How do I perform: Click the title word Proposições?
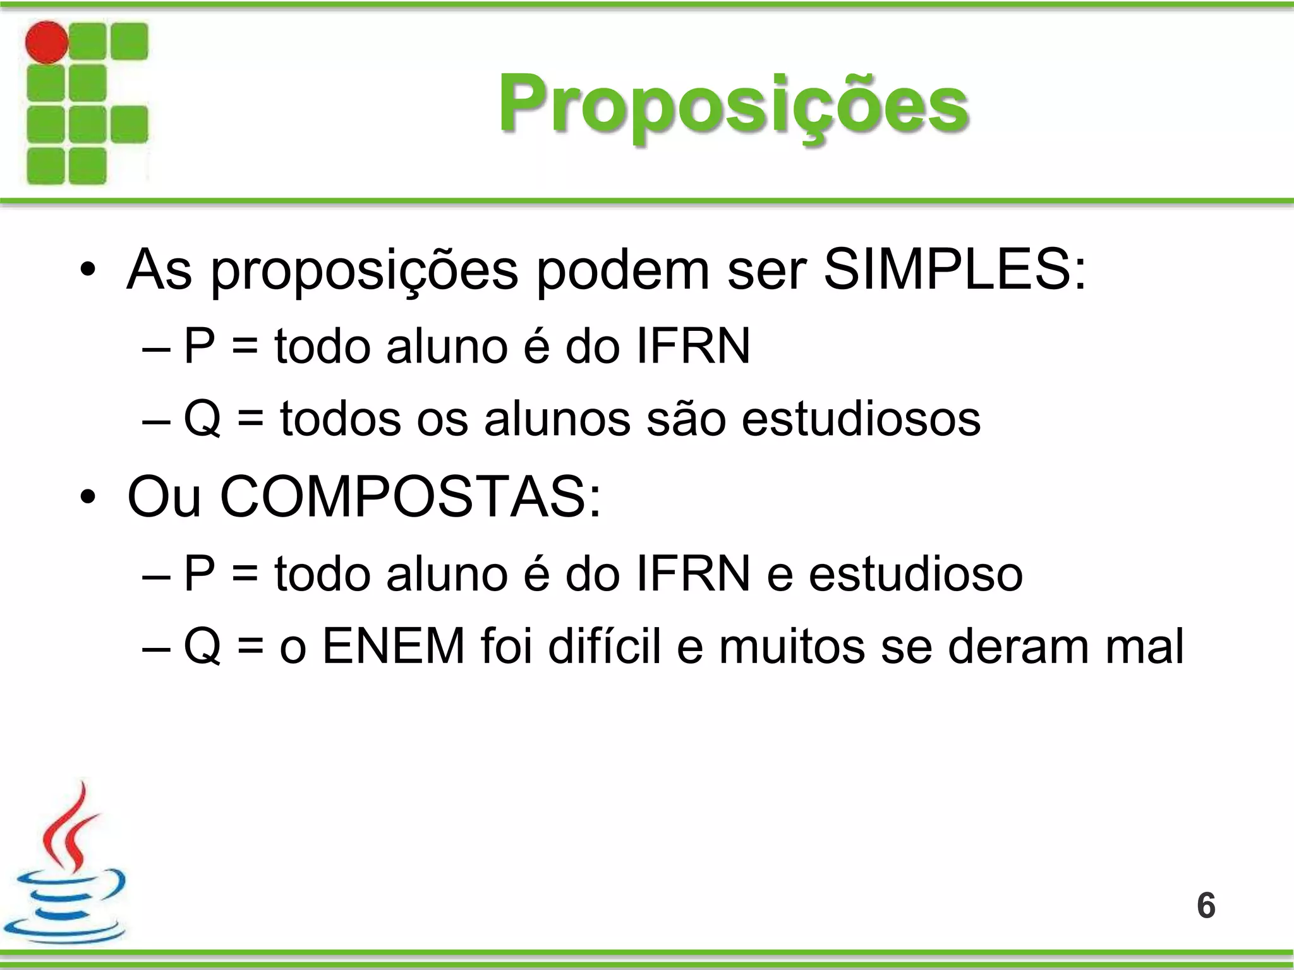pyautogui.click(x=733, y=104)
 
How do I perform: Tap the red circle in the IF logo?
pyautogui.click(x=46, y=42)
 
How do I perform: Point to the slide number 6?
pyautogui.click(x=1206, y=906)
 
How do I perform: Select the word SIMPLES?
pyautogui.click(x=954, y=270)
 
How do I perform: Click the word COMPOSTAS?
pyautogui.click(x=411, y=497)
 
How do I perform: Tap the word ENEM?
pyautogui.click(x=394, y=646)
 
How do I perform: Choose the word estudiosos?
pyautogui.click(x=861, y=419)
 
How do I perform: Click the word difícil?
pyautogui.click(x=604, y=646)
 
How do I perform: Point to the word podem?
pyautogui.click(x=623, y=270)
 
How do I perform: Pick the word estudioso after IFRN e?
pyautogui.click(x=916, y=574)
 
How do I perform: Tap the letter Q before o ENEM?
pyautogui.click(x=202, y=646)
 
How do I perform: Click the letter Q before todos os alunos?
pyautogui.click(x=202, y=419)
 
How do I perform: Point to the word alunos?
pyautogui.click(x=557, y=419)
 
